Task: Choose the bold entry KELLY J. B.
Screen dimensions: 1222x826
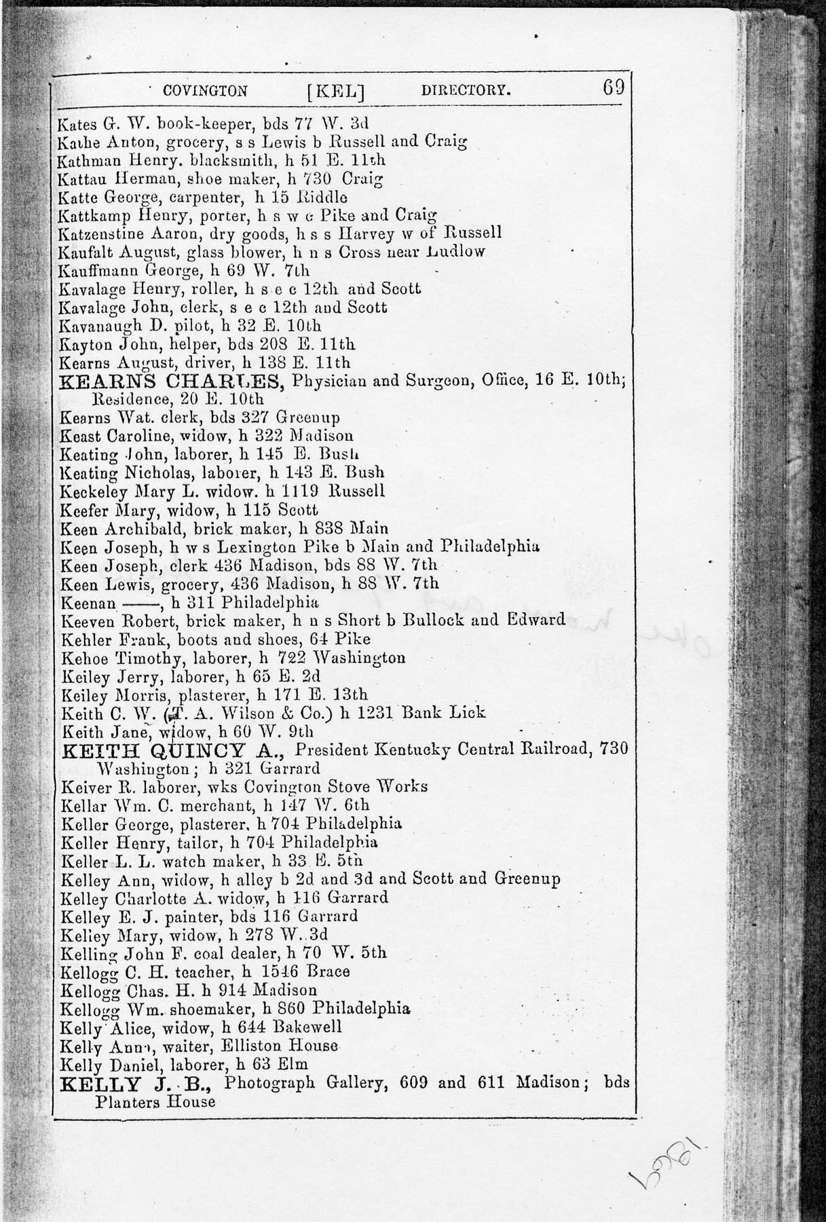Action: coord(137,1084)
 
